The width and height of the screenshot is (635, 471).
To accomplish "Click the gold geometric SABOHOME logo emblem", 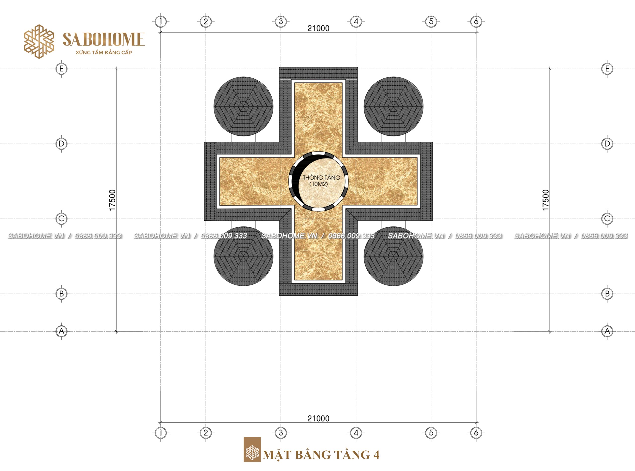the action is point(39,41).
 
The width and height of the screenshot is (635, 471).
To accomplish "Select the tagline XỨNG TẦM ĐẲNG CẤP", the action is point(104,53).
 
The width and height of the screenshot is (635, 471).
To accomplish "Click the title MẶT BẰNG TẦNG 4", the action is point(321,454).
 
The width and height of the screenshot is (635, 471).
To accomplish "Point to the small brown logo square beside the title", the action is point(252,450).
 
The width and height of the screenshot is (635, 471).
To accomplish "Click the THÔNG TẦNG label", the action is point(321,178).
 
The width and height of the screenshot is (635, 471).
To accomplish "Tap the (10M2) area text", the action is point(318,184).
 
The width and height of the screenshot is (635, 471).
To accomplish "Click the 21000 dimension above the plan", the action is point(318,28).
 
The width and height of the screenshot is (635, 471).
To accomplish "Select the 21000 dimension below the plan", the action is point(318,418).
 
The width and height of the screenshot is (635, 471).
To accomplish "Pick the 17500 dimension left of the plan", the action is point(112,200).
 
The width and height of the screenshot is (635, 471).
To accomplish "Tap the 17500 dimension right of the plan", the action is point(545,200).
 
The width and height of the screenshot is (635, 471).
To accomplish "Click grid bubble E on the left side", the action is point(61,69).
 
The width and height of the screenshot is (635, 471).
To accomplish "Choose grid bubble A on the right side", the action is point(607,331).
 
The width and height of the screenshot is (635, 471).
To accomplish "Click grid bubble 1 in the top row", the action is point(161,21).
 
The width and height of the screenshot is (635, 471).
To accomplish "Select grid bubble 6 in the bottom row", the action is point(476,433).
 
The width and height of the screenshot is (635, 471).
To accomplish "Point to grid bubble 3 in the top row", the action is point(281,21).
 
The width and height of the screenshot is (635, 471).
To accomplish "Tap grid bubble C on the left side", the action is point(61,219).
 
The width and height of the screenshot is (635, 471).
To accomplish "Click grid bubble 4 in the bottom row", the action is point(356,433).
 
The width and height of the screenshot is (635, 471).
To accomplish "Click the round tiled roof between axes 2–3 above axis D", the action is point(244,106).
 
